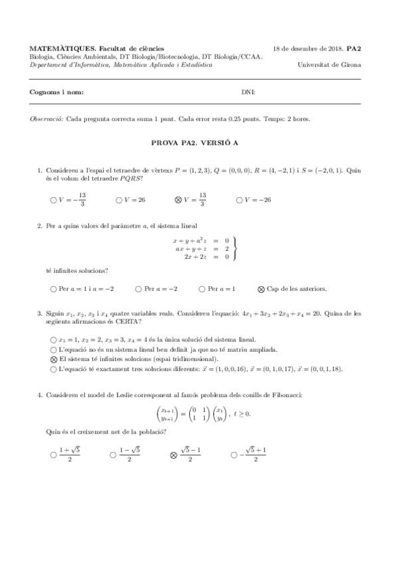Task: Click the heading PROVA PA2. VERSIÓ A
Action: pos(199,141)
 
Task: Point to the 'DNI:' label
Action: pos(247,92)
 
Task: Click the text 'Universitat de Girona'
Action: pos(330,65)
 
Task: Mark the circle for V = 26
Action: pos(118,199)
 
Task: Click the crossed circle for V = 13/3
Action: pos(177,199)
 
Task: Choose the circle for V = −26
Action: pos(240,199)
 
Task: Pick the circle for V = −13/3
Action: pos(53,199)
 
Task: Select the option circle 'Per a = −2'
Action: pos(138,289)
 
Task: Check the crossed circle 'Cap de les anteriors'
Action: pos(261,289)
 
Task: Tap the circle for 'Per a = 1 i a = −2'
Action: pos(53,289)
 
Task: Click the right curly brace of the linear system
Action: pos(235,248)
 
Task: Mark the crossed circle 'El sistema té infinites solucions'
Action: pos(53,358)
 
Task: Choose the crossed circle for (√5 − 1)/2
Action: pos(173,455)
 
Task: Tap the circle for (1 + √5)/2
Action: pos(53,455)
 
